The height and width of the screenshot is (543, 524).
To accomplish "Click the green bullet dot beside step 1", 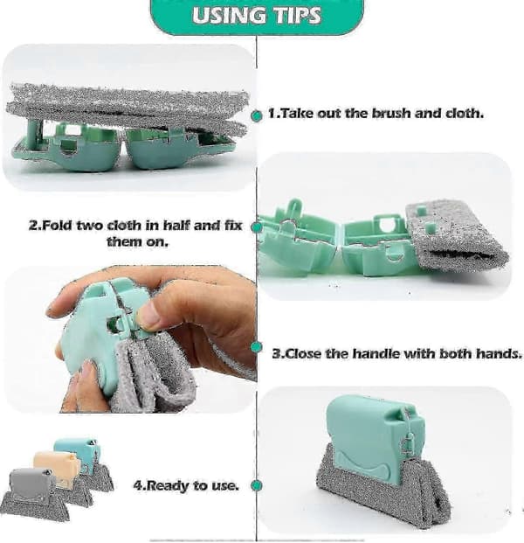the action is click(256, 116).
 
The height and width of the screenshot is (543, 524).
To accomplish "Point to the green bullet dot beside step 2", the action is click(256, 226).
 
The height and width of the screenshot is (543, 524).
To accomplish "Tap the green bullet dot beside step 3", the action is click(256, 347).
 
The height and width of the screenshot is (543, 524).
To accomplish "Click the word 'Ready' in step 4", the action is click(166, 485).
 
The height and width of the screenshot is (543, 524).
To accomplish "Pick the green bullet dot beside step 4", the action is click(256, 485).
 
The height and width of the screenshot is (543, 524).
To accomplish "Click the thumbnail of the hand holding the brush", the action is click(130, 339).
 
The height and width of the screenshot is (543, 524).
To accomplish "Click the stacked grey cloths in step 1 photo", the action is click(128, 106).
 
